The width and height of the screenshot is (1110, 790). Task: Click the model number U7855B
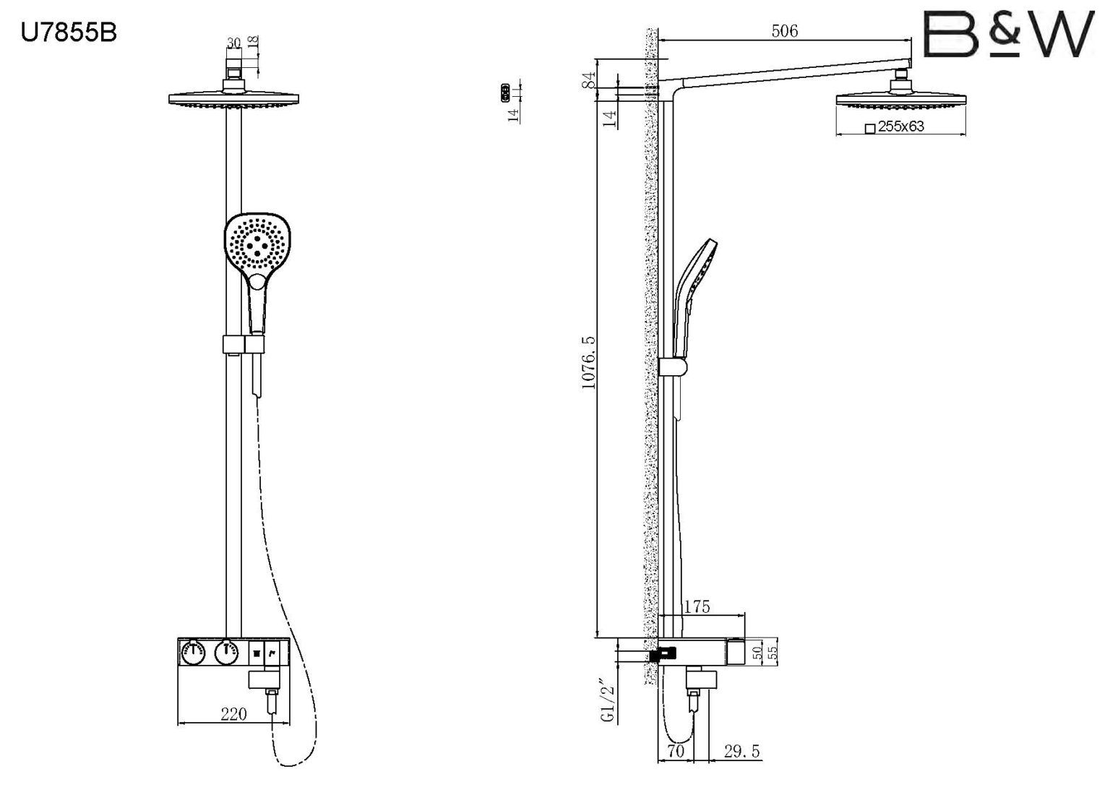click(x=69, y=33)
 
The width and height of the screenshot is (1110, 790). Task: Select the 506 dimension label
click(x=784, y=30)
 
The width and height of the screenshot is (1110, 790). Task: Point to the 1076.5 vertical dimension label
click(x=589, y=362)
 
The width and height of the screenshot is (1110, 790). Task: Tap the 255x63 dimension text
click(x=900, y=126)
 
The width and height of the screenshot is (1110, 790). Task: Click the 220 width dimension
click(x=233, y=714)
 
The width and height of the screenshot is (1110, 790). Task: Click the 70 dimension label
click(x=676, y=752)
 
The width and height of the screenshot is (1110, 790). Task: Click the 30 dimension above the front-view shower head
click(x=233, y=43)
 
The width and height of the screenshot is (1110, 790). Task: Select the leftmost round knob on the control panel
click(x=194, y=654)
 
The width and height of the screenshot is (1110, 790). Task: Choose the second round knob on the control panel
click(x=227, y=654)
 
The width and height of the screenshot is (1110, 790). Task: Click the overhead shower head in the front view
click(x=233, y=99)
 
